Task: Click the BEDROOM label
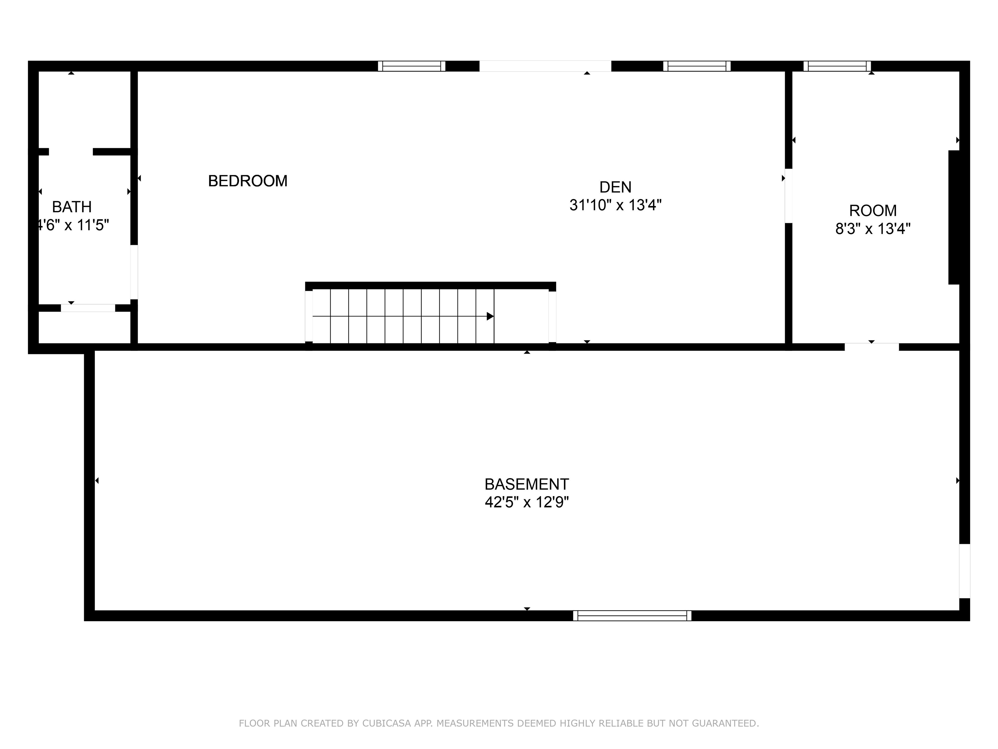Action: (x=247, y=181)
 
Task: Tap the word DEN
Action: (x=615, y=187)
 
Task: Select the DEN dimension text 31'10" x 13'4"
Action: (x=615, y=205)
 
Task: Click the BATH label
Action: (x=72, y=207)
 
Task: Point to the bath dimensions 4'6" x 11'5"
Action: (x=73, y=225)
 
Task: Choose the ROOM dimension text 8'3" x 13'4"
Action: (x=873, y=229)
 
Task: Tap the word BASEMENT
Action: (x=527, y=484)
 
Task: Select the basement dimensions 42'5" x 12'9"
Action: (x=527, y=502)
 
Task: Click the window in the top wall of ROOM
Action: (x=837, y=66)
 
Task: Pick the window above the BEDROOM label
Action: (x=412, y=66)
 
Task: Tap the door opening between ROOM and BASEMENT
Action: (x=871, y=347)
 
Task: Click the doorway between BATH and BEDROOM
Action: (x=134, y=272)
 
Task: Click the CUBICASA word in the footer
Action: (x=387, y=723)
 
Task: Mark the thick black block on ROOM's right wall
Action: (x=954, y=217)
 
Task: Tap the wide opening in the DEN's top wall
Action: (x=545, y=66)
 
